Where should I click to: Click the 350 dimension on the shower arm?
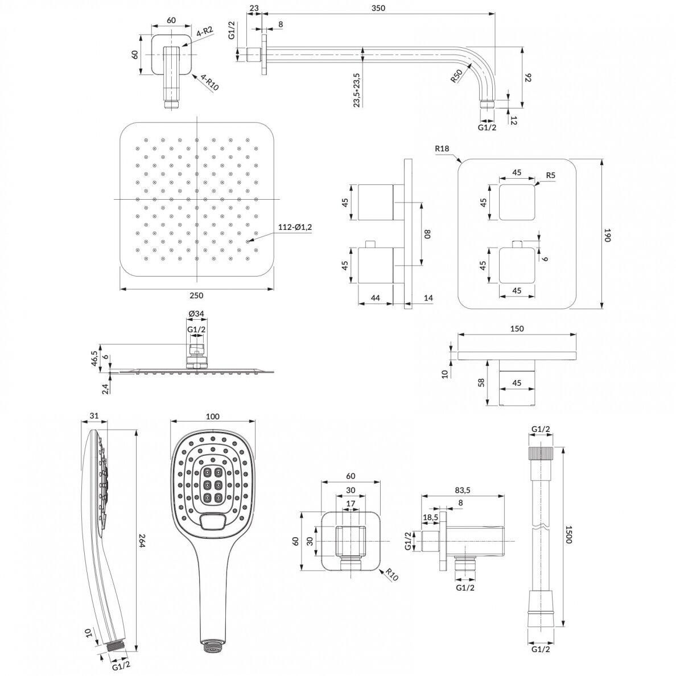(x=378, y=8)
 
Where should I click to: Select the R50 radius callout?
(x=456, y=76)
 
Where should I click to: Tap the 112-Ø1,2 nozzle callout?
(x=294, y=228)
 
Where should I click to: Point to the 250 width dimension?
(x=196, y=295)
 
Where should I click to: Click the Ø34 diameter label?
(x=196, y=314)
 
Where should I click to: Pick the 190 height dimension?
(x=608, y=235)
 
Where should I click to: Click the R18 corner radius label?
(x=442, y=149)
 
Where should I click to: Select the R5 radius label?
(x=551, y=175)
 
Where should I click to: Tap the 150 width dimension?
(x=517, y=329)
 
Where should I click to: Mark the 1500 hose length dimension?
(x=568, y=534)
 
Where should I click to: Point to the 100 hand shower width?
(x=213, y=417)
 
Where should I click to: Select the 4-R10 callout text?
(x=209, y=83)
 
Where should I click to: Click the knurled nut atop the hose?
(x=541, y=455)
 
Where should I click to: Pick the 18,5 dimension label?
(x=430, y=517)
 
